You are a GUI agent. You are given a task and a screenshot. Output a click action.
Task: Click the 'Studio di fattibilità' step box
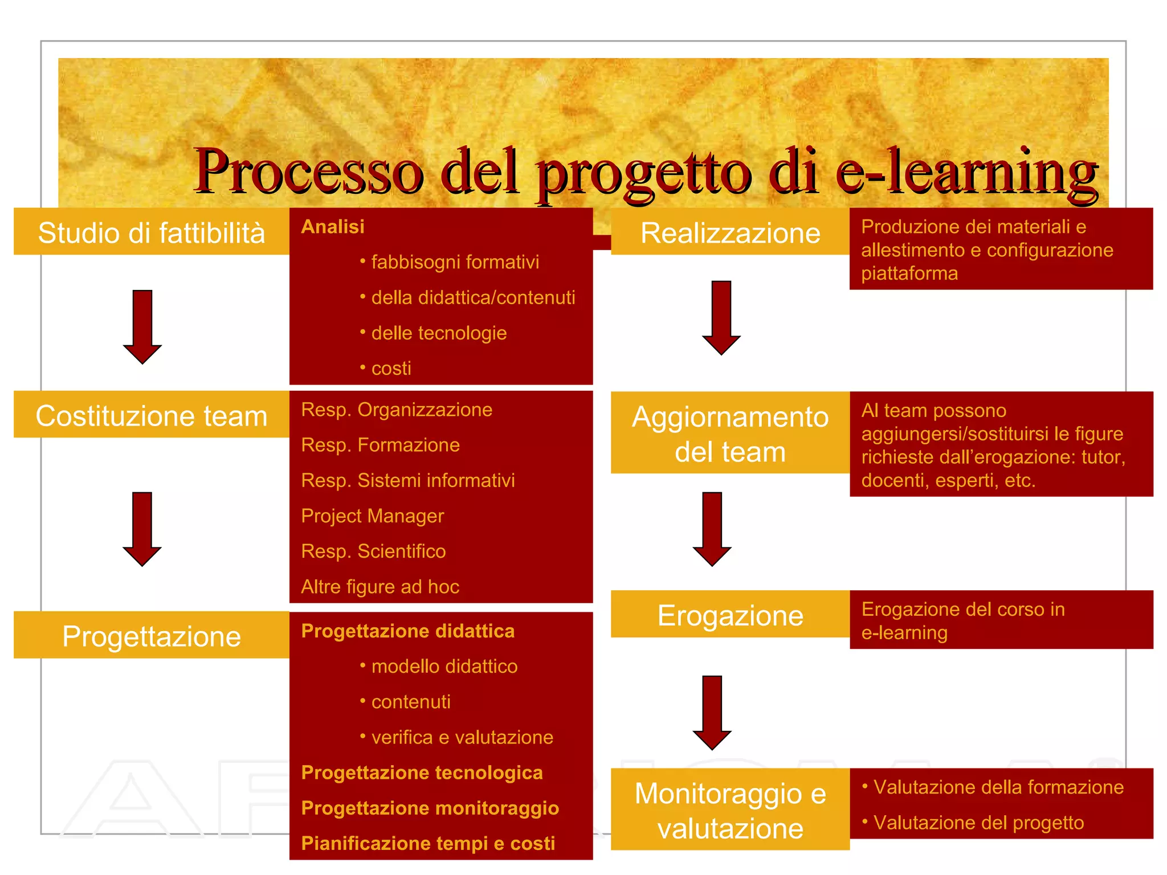pyautogui.click(x=151, y=232)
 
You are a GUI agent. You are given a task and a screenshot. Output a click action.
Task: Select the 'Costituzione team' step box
pyautogui.click(x=151, y=415)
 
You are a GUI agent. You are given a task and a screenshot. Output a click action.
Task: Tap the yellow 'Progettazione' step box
pyautogui.click(x=151, y=635)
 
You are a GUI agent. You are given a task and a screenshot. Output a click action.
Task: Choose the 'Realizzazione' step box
pyautogui.click(x=730, y=232)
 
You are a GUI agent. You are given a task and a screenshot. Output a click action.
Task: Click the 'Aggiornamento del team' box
pyautogui.click(x=730, y=433)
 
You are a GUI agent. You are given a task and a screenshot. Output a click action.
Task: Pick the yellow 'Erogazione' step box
pyautogui.click(x=730, y=615)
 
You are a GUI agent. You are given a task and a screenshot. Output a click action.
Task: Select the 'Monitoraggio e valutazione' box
pyautogui.click(x=730, y=809)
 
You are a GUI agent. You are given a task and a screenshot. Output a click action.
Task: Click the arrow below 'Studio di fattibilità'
pyautogui.click(x=142, y=326)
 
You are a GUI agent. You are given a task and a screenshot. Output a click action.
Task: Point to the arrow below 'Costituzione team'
pyautogui.click(x=142, y=529)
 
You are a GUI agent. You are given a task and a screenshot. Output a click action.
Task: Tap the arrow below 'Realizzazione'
pyautogui.click(x=721, y=317)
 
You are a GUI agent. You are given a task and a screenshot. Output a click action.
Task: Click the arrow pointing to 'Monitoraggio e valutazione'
pyautogui.click(x=712, y=712)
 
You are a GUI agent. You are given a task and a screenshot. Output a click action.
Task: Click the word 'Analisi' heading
pyautogui.click(x=333, y=227)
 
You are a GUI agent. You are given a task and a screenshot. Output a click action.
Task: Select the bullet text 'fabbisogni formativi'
pyautogui.click(x=455, y=262)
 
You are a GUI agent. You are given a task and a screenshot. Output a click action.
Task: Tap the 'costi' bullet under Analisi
pyautogui.click(x=391, y=369)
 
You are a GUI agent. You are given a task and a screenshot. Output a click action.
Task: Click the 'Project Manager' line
pyautogui.click(x=372, y=516)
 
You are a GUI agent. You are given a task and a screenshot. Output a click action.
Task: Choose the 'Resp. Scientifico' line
pyautogui.click(x=373, y=551)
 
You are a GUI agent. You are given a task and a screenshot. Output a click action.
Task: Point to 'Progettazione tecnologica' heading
pyautogui.click(x=422, y=773)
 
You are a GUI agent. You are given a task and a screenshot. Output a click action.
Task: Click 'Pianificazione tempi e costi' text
pyautogui.click(x=428, y=844)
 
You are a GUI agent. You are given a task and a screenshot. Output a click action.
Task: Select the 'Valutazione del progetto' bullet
pyautogui.click(x=978, y=823)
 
